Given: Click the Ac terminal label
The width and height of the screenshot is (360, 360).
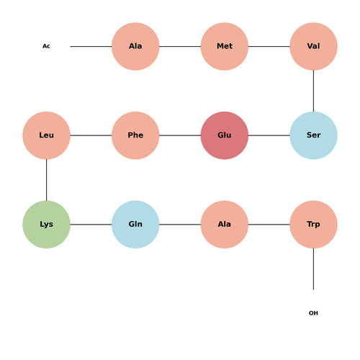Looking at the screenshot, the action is point(46,46).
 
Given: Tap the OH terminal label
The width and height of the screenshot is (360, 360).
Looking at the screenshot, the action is point(313,313).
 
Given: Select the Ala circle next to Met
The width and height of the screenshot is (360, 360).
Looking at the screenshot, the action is point(135,46).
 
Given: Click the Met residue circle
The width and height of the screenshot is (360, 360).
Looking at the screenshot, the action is point(225,46).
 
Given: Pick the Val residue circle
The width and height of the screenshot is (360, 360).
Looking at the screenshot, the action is point(313,46).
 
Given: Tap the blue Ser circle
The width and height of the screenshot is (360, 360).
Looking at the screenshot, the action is point(313,135).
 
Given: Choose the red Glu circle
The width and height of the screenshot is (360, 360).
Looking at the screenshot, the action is point(225,135).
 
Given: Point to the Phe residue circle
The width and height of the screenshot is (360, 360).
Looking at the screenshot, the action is point(135,135).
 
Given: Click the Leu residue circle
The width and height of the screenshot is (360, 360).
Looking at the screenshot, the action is point(46,135).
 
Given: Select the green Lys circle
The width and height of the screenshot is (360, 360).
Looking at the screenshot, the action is point(46,225).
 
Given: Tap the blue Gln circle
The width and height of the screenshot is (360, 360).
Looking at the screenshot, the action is point(135,225).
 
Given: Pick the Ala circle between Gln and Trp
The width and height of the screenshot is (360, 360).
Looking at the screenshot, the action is point(225,225).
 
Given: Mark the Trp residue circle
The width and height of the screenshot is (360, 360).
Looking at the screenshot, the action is point(313,225).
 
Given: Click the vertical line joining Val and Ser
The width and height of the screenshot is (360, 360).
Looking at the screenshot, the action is point(313,91).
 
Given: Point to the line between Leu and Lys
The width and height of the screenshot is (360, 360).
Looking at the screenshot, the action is point(46,180).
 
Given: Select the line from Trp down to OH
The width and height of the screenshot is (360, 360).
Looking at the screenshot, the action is point(313,269).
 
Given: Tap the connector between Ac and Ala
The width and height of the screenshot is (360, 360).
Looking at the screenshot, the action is point(91,46).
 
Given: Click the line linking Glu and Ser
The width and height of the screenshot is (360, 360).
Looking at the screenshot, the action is point(269,135).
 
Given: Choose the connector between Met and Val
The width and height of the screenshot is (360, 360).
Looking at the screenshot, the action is point(269,46).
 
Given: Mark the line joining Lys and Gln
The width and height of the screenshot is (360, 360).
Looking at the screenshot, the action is point(91,225).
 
